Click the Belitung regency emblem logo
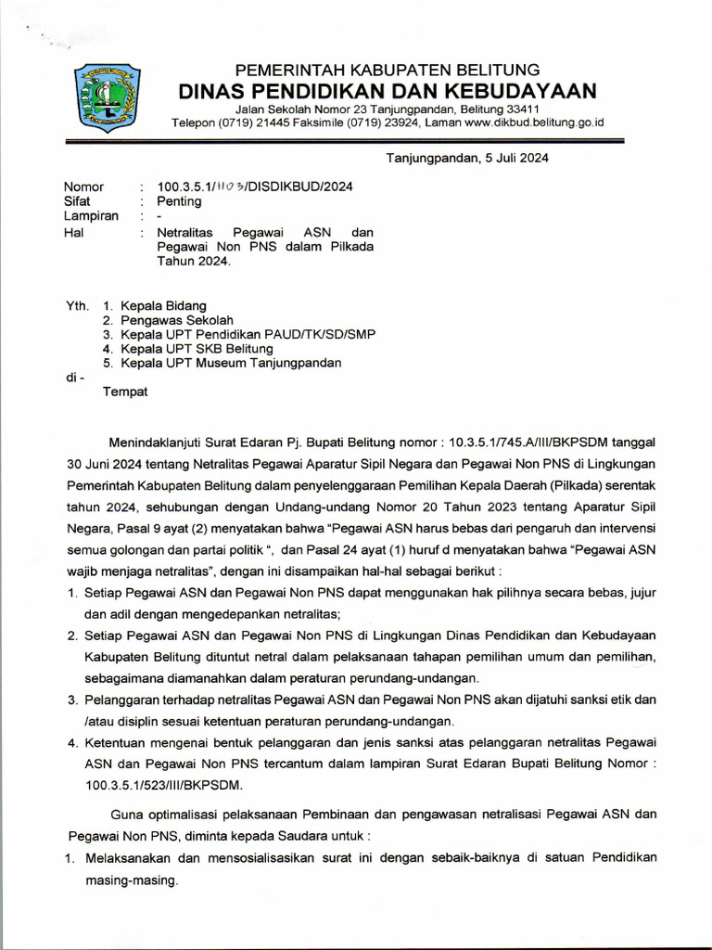[108, 96]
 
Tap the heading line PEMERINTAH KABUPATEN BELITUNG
[388, 71]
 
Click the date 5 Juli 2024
[510, 158]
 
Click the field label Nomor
[83, 186]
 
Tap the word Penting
[178, 200]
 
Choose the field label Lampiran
[90, 216]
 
